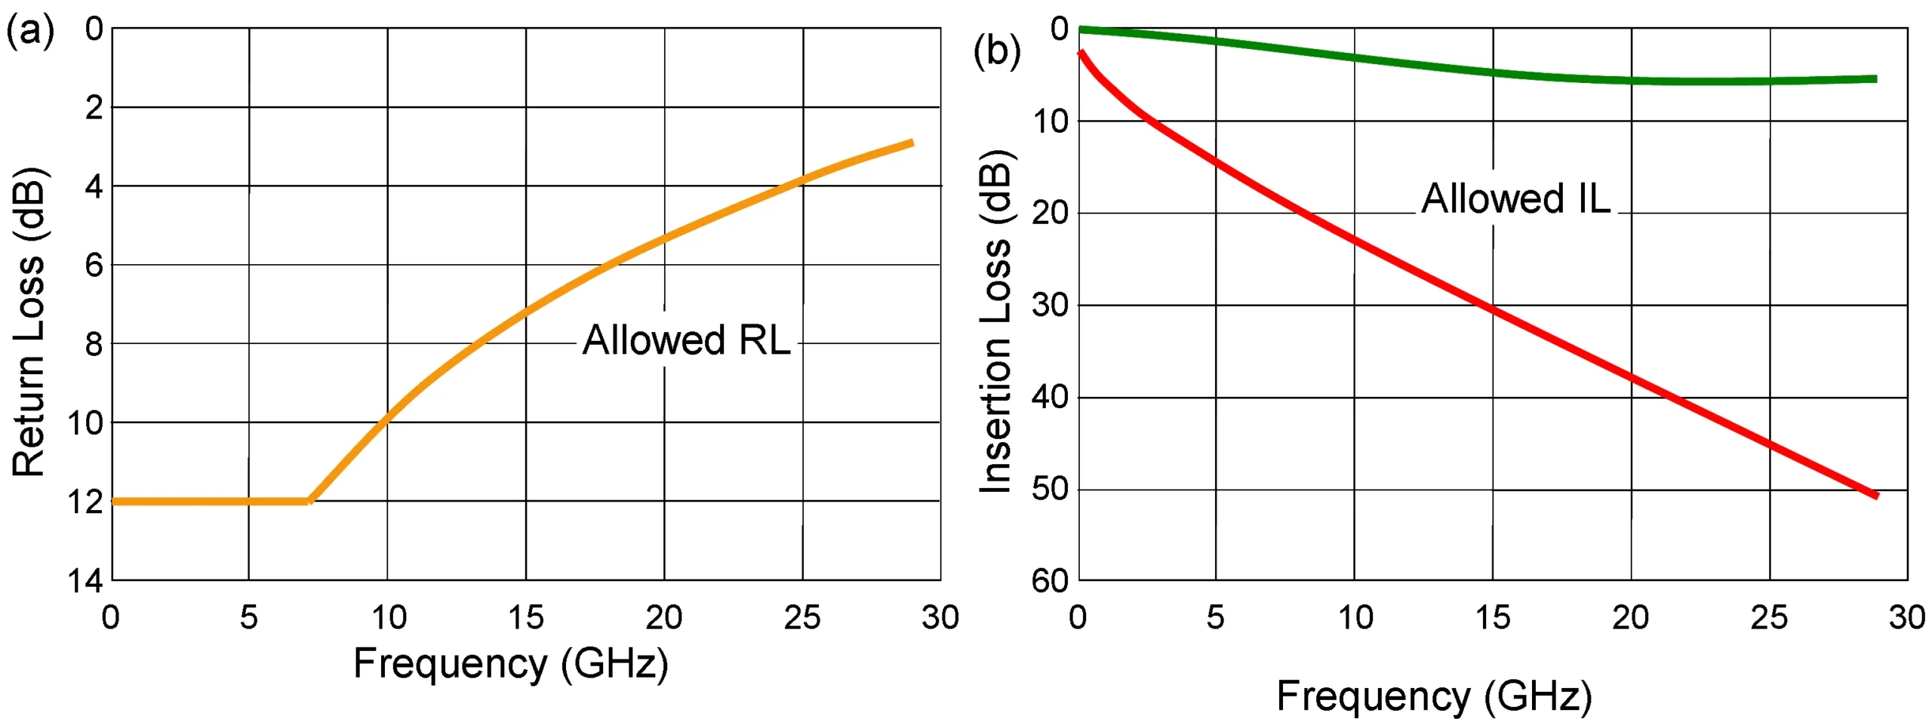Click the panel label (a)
coord(30,32)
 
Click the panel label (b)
coord(996,51)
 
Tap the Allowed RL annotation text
coord(686,339)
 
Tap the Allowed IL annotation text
coord(1515,198)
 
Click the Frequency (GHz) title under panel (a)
coord(511,663)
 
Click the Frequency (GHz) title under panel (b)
coord(1433,695)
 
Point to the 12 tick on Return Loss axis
coord(85,502)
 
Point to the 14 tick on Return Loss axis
coord(85,580)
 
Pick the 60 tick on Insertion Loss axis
coord(1050,580)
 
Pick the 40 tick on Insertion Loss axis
coord(1050,397)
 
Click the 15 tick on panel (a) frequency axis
coord(525,618)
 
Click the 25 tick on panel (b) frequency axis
coord(1769,618)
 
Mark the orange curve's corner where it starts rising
coord(309,500)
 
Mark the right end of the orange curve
coord(912,142)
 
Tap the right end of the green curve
coord(1875,78)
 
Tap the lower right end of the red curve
coord(1876,496)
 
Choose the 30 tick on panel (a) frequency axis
coord(940,618)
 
